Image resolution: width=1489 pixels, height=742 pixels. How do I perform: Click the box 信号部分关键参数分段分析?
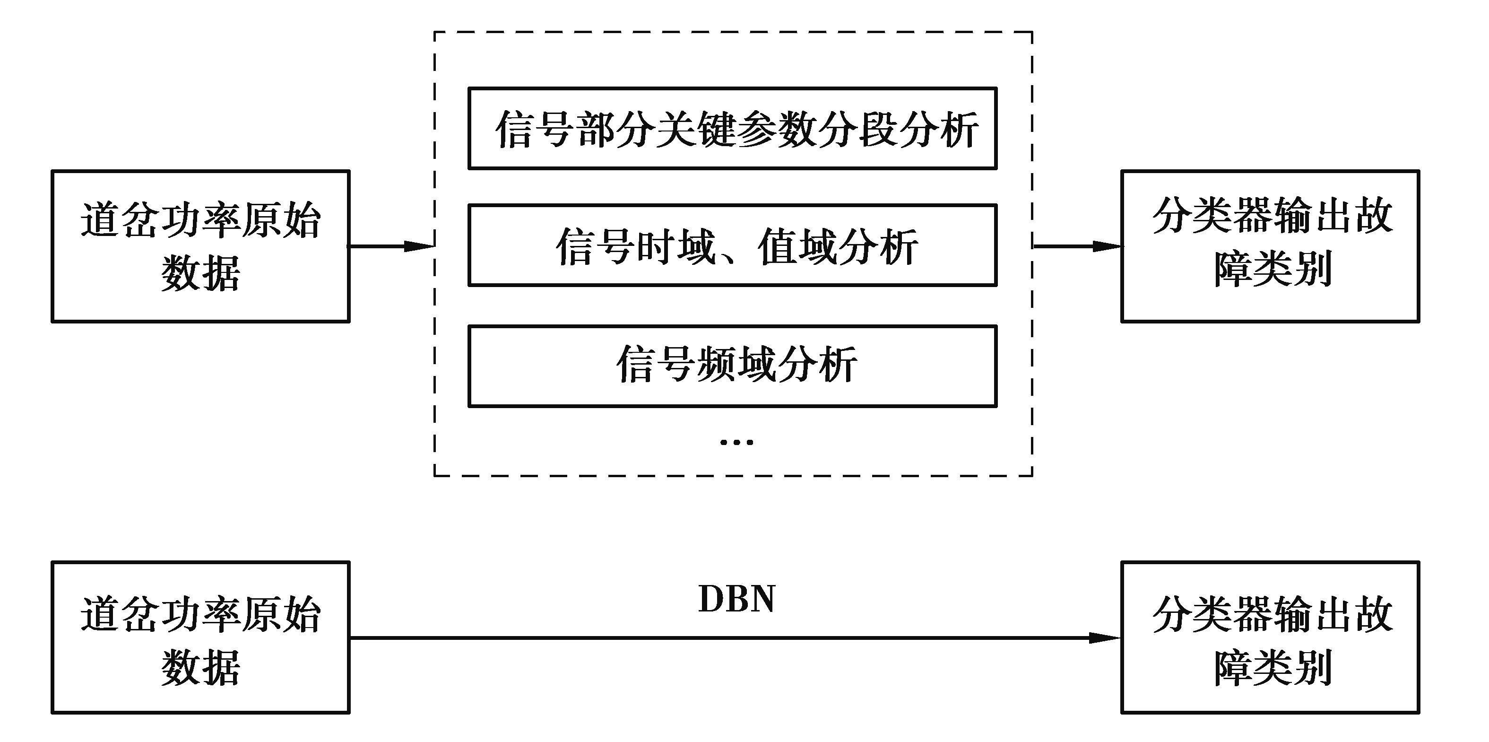[x=732, y=128]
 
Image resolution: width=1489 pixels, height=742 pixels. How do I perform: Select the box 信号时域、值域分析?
[x=732, y=245]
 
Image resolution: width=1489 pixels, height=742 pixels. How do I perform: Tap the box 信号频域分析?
[x=732, y=366]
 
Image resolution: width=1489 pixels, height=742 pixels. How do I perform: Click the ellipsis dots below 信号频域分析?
[x=736, y=443]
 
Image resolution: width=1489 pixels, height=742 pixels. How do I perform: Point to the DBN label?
[x=736, y=599]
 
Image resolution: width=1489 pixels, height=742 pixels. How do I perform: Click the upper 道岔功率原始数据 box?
[x=200, y=246]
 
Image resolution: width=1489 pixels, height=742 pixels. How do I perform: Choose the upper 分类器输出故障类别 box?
[x=1270, y=246]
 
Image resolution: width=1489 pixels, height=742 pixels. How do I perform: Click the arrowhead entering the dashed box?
[x=419, y=246]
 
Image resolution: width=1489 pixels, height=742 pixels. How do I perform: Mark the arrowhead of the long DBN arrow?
[x=1104, y=638]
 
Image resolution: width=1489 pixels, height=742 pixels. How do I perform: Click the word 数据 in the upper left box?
[x=200, y=273]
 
